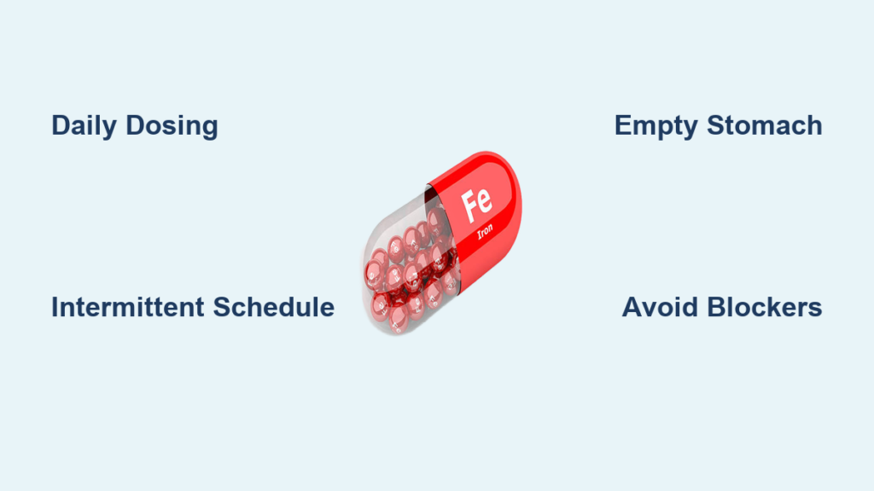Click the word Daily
(84, 126)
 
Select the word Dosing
(172, 126)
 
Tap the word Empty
(655, 126)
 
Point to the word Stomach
(765, 125)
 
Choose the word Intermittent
(128, 307)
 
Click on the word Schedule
(274, 307)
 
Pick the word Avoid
(660, 307)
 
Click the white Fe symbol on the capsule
(477, 204)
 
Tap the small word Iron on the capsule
(485, 231)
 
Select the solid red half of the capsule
(475, 218)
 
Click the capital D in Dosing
(136, 126)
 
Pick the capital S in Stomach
(717, 126)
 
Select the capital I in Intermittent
(55, 307)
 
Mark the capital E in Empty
(623, 126)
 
